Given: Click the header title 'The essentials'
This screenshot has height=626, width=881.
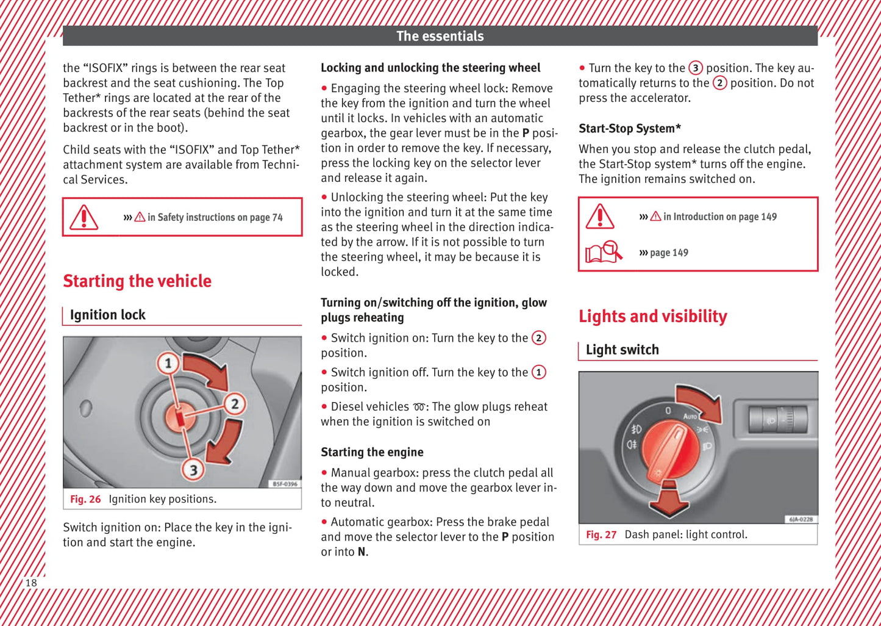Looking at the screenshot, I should [x=440, y=36].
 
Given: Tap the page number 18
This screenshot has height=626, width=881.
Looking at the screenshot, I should [x=30, y=583].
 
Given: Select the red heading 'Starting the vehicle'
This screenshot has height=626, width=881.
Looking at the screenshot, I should [x=137, y=281].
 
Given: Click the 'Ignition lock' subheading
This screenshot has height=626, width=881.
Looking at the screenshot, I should [x=107, y=315].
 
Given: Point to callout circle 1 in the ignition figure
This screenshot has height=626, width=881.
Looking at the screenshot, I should [x=168, y=364].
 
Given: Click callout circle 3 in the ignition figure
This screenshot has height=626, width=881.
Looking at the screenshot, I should [x=193, y=469].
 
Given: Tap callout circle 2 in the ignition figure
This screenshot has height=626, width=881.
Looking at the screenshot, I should [x=235, y=403].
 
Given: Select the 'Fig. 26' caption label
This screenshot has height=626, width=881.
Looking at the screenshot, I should [x=85, y=499].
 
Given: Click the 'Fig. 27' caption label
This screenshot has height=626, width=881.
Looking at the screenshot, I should [x=601, y=534].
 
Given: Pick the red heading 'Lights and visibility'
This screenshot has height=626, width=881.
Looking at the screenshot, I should [x=652, y=316].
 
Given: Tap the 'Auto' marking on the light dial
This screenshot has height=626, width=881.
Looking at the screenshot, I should [x=690, y=416].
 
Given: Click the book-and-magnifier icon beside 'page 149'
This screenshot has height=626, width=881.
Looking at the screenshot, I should [x=603, y=252].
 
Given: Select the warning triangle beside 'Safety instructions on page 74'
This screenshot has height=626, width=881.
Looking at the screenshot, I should [x=84, y=217].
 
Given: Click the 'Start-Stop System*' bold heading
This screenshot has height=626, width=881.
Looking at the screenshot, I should [x=629, y=129].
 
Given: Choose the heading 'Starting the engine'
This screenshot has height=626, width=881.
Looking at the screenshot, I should [x=372, y=452].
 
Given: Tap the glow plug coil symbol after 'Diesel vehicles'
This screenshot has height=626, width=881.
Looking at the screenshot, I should [x=419, y=407].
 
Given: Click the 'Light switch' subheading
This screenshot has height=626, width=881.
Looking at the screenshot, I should [x=622, y=350].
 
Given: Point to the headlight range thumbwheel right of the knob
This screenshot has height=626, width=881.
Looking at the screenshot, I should [x=778, y=420].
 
